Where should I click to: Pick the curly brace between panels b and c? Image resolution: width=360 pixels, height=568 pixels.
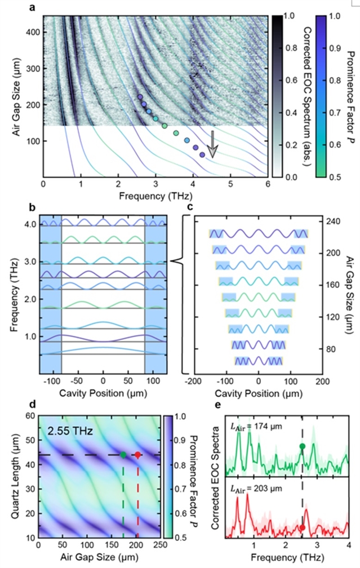click(177, 261)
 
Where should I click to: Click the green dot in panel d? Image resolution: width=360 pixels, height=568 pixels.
click(123, 455)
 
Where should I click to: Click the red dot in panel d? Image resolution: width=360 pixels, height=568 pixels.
click(137, 455)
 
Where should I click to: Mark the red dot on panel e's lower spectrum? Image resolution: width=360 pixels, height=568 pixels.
click(303, 527)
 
